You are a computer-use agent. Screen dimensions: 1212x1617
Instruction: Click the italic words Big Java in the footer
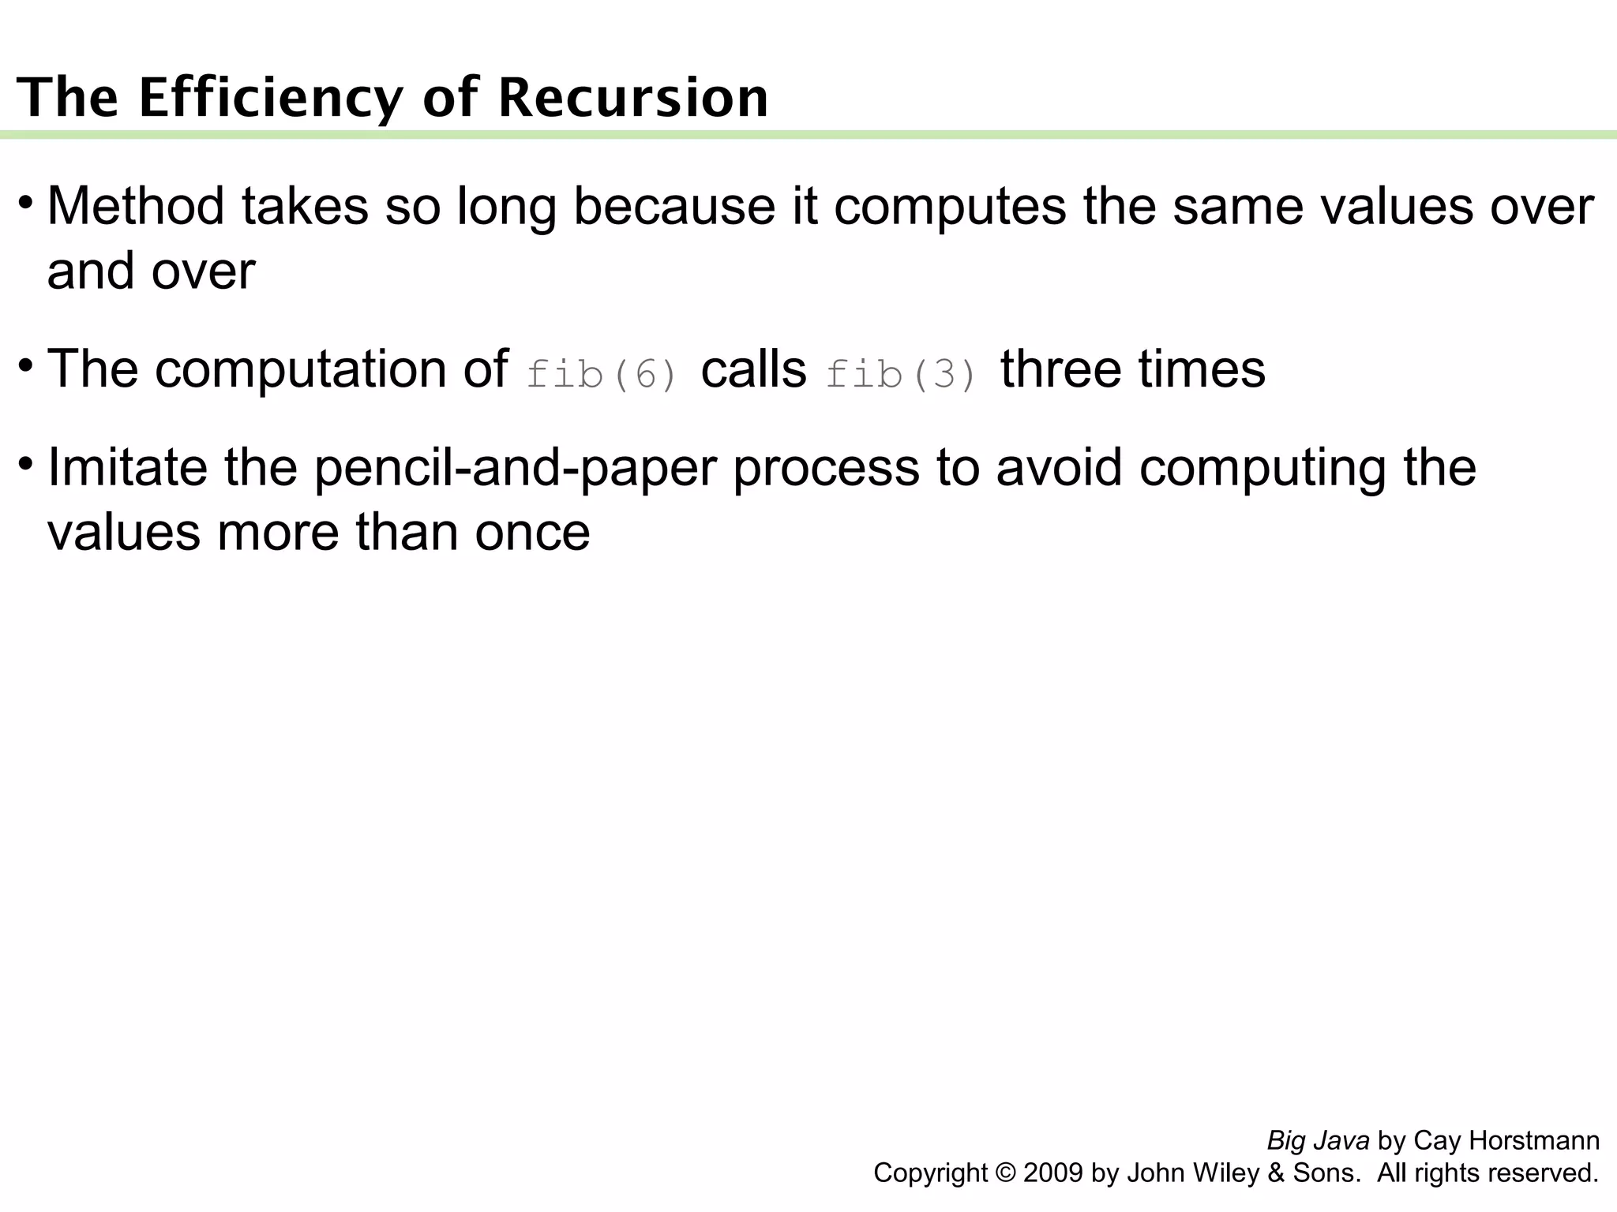tap(1318, 1141)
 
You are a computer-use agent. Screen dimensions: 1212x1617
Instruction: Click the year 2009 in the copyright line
tap(1053, 1173)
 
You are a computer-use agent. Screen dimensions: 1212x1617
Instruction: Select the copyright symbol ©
tap(1006, 1173)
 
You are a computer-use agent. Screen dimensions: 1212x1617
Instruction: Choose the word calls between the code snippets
tap(753, 368)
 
